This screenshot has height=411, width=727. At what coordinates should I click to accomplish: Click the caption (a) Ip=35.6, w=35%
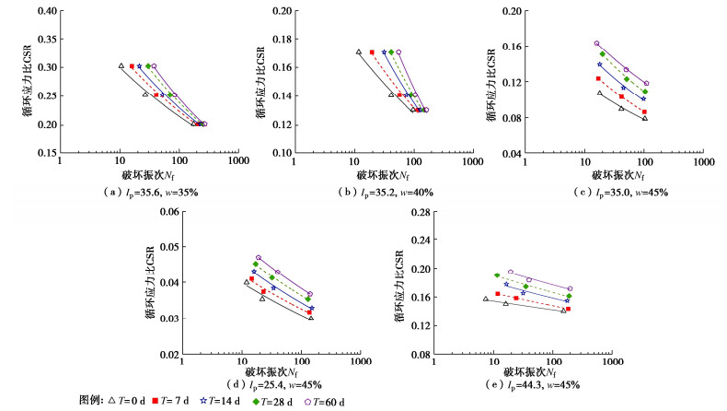[149, 192]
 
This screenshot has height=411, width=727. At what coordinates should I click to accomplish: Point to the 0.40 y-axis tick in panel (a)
[46, 11]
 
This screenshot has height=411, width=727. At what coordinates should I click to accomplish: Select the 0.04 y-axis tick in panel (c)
[516, 153]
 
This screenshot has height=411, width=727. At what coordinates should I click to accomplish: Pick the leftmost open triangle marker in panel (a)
[121, 66]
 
